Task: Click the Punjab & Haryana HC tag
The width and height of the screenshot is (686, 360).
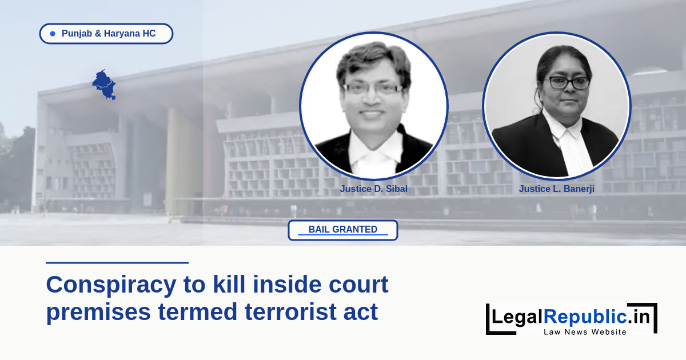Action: pos(106,34)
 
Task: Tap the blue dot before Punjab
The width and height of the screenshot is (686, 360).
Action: pos(53,34)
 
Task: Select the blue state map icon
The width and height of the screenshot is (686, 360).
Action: pos(104,85)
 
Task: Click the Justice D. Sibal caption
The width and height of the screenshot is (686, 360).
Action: pos(374,189)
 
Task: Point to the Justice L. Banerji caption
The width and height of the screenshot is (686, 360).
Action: pos(556,189)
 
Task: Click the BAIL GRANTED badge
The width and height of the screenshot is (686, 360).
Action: pos(343,230)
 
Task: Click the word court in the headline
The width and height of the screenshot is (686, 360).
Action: pos(358,285)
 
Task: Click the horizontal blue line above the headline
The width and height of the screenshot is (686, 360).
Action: pos(117,263)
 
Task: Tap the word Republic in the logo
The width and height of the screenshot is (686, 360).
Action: pos(585,317)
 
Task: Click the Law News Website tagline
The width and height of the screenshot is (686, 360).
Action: pos(585,332)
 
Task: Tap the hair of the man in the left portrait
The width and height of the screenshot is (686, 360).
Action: pos(374,61)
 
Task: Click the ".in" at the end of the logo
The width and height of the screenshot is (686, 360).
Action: pos(638,317)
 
